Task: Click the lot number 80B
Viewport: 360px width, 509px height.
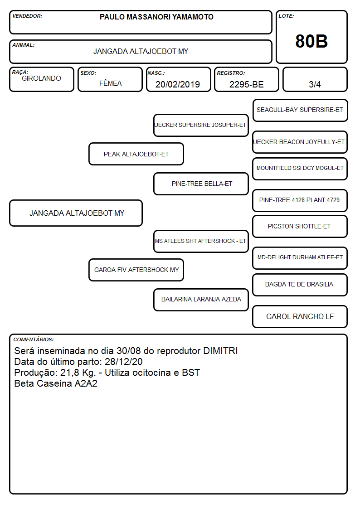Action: point(311,41)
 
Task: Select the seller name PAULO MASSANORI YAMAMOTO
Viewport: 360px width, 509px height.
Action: point(156,17)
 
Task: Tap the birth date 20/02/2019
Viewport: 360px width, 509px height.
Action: point(178,84)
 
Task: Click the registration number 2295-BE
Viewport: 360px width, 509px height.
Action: point(246,84)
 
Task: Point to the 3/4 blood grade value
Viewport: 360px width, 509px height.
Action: point(315,84)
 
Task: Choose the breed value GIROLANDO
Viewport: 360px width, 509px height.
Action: point(41,78)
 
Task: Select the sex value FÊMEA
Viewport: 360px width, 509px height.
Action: point(110,83)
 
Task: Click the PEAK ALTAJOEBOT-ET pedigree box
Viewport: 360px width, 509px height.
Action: point(136,154)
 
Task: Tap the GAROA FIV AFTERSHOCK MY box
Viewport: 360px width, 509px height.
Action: point(136,270)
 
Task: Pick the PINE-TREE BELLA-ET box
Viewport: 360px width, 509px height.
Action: point(201,184)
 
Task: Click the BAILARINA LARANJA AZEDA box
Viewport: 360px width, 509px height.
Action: point(201,300)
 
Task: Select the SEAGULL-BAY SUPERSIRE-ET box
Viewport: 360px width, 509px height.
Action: point(300,111)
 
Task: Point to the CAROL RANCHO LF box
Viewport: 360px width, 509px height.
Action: point(300,316)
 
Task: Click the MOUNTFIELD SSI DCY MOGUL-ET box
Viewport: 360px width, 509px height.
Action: point(300,169)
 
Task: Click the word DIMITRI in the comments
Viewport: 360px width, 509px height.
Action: point(220,351)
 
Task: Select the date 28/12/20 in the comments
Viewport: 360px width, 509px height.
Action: point(124,362)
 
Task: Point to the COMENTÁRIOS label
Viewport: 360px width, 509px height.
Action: point(34,339)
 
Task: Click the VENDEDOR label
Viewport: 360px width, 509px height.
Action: point(27,16)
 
